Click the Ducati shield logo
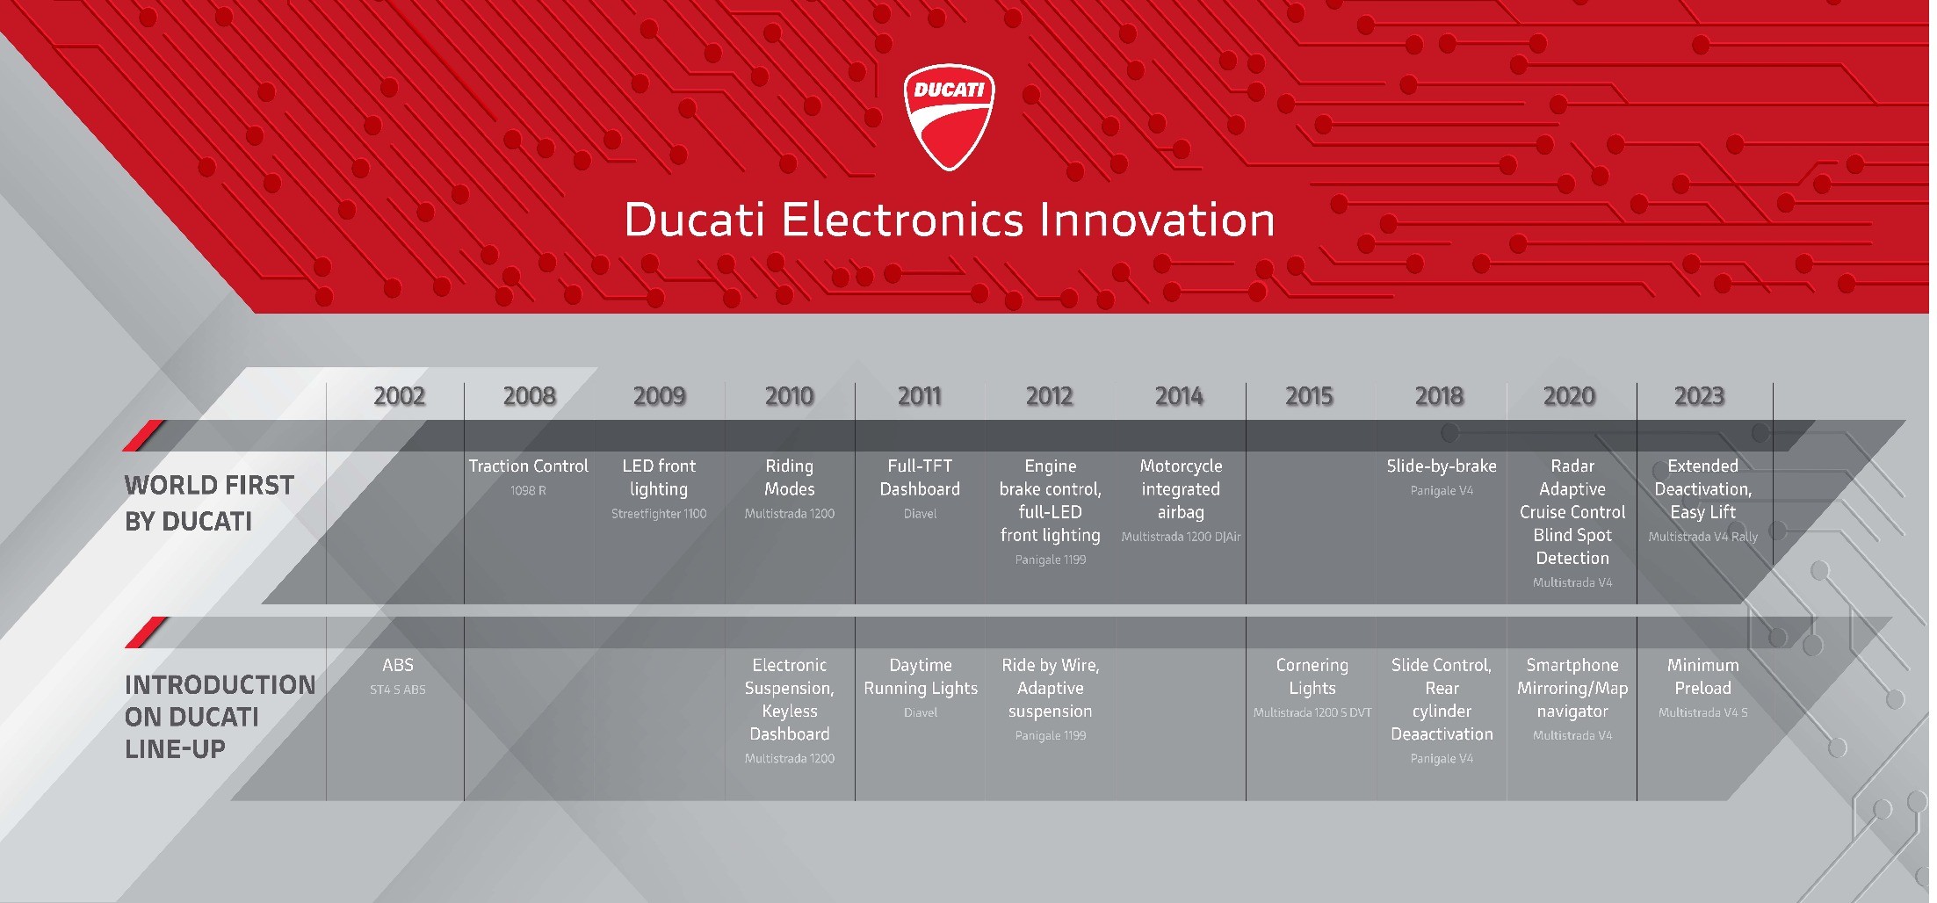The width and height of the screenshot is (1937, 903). (949, 116)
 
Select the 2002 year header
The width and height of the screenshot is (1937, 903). (400, 396)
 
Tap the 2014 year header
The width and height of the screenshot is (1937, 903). (1180, 396)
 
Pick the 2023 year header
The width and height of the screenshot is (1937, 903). (1700, 396)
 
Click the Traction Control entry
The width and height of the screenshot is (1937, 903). (528, 466)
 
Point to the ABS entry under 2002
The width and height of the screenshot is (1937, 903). (398, 665)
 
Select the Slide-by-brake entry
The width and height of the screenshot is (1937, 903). (1442, 466)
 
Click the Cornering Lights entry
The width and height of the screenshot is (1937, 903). (1312, 676)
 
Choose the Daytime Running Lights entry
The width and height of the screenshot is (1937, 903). (921, 676)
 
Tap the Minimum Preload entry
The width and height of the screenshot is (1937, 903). (1702, 676)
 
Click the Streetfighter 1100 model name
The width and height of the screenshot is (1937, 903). (659, 514)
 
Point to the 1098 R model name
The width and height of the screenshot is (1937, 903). (528, 491)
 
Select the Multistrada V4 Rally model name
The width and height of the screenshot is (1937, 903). (1702, 537)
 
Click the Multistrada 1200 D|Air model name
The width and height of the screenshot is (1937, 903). (1181, 537)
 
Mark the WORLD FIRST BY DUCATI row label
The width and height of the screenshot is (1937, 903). (209, 503)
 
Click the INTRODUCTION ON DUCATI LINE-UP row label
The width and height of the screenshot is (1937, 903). (220, 717)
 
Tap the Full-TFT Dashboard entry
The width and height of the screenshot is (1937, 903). (920, 478)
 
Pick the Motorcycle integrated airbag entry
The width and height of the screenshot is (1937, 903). (1181, 489)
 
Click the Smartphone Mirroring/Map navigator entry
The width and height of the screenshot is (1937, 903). (1572, 689)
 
